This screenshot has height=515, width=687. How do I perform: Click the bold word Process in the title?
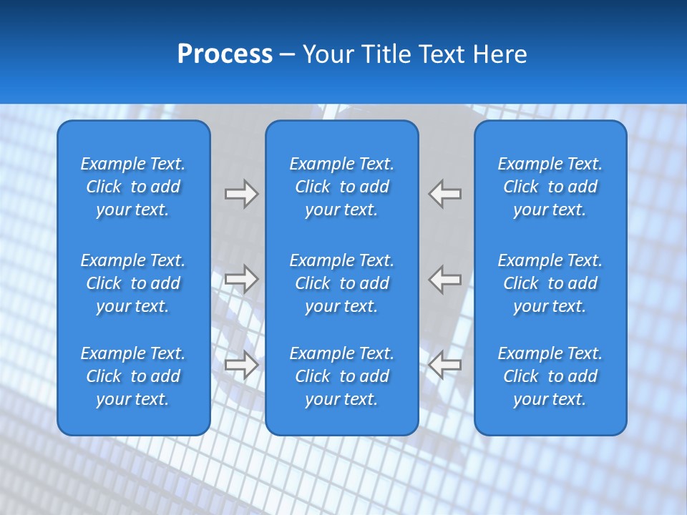pos(225,54)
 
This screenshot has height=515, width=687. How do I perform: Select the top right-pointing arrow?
pos(241,194)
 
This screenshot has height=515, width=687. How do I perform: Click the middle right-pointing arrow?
pos(241,279)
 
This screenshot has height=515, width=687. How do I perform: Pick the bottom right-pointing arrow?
pos(241,365)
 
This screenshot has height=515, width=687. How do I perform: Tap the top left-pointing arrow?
pos(445,194)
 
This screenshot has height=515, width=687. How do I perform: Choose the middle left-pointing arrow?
pos(445,279)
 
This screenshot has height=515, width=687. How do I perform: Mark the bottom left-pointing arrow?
pos(445,365)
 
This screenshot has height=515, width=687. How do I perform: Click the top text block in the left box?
pos(133,187)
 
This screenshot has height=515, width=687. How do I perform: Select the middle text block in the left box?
pos(133,283)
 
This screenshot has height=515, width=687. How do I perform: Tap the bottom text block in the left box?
pos(133,376)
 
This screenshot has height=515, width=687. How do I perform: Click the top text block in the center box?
pos(341,187)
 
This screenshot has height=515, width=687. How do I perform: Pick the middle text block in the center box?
pos(341,283)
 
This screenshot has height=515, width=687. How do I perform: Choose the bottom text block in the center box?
pos(341,376)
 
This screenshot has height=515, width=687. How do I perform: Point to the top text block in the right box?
pos(550,187)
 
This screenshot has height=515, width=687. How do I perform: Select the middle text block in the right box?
pos(550,283)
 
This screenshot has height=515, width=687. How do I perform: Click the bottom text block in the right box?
pos(550,376)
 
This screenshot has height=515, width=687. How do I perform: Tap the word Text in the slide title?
pos(440,54)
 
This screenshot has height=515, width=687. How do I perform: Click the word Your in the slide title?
pos(328,54)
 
